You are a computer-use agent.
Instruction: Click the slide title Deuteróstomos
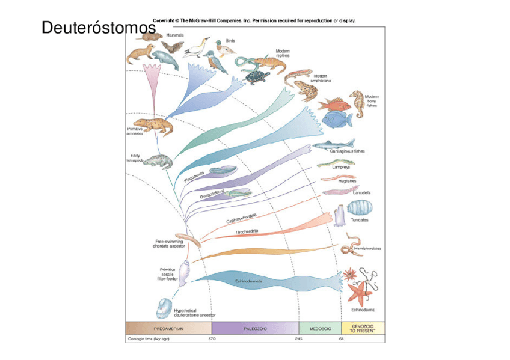click(x=94, y=28)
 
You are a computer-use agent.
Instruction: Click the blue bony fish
click(x=337, y=120)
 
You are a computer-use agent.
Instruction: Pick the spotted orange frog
click(x=306, y=90)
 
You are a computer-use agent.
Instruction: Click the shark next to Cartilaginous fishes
click(x=330, y=144)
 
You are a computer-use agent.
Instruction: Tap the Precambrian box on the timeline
click(x=168, y=328)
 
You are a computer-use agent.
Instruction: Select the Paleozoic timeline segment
click(x=255, y=328)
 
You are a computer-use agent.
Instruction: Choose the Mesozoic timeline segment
click(x=319, y=328)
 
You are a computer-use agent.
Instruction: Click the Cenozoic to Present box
click(x=363, y=328)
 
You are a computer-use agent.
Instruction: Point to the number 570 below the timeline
click(x=212, y=339)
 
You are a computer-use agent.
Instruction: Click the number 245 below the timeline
click(x=298, y=339)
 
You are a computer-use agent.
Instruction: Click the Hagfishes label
click(x=346, y=180)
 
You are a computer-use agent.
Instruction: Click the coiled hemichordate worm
click(x=348, y=246)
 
